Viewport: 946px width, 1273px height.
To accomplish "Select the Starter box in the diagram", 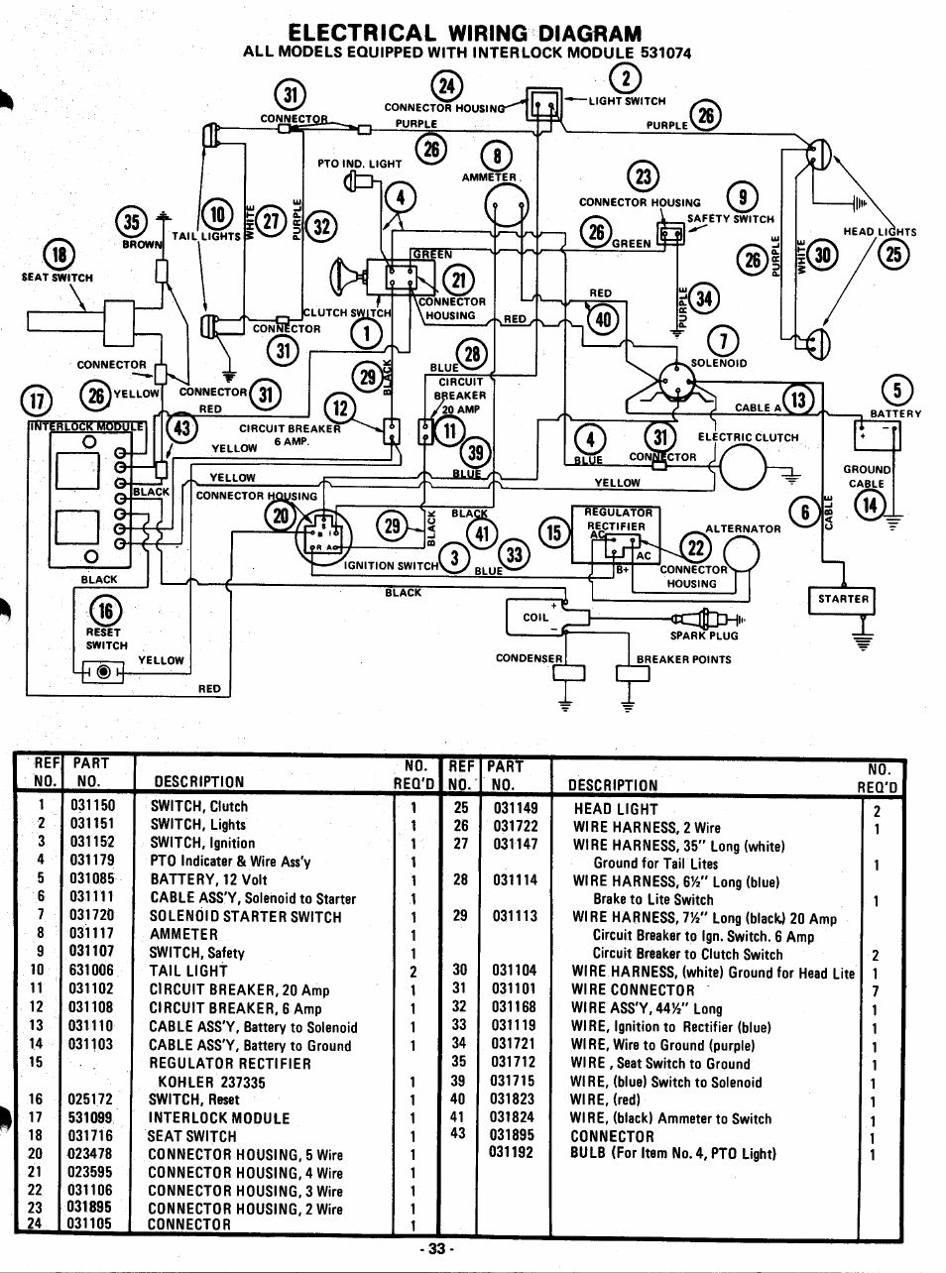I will click(843, 599).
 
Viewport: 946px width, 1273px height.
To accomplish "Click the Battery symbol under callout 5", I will click(877, 436).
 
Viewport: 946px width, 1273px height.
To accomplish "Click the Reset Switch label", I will click(104, 638).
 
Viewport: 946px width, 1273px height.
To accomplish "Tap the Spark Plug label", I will click(704, 636).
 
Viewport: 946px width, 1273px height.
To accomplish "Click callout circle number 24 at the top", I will click(448, 87).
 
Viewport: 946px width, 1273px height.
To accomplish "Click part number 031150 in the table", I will click(93, 807).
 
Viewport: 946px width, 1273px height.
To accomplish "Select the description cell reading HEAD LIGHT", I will click(616, 809).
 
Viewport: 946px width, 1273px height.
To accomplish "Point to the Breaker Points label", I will click(684, 659).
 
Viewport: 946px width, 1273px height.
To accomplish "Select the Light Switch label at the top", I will click(628, 100).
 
